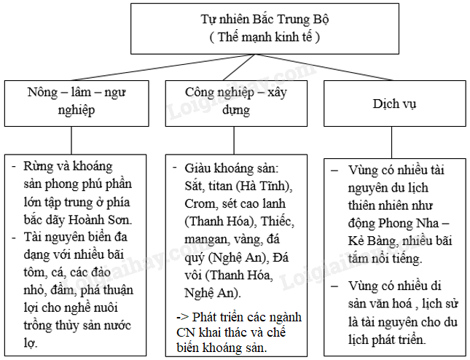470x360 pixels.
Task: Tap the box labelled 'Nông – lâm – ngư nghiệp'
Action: click(71, 103)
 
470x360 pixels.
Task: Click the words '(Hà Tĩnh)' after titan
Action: click(263, 185)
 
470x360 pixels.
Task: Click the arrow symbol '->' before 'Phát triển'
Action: click(184, 317)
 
